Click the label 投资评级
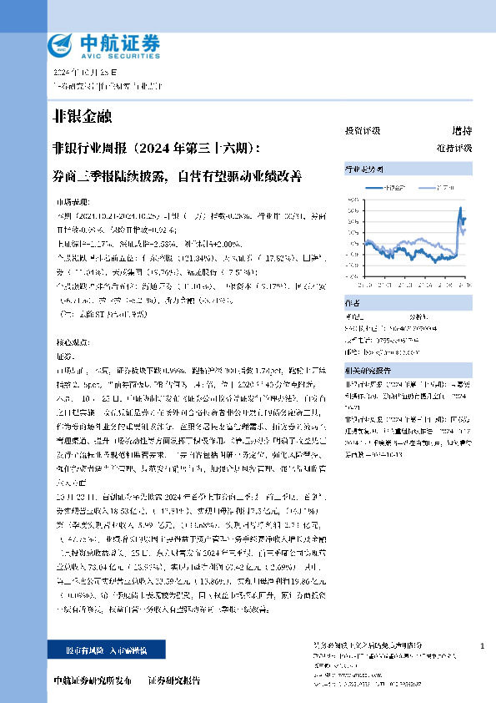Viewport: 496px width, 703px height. pos(363,131)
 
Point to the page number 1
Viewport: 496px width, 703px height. pos(483,646)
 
